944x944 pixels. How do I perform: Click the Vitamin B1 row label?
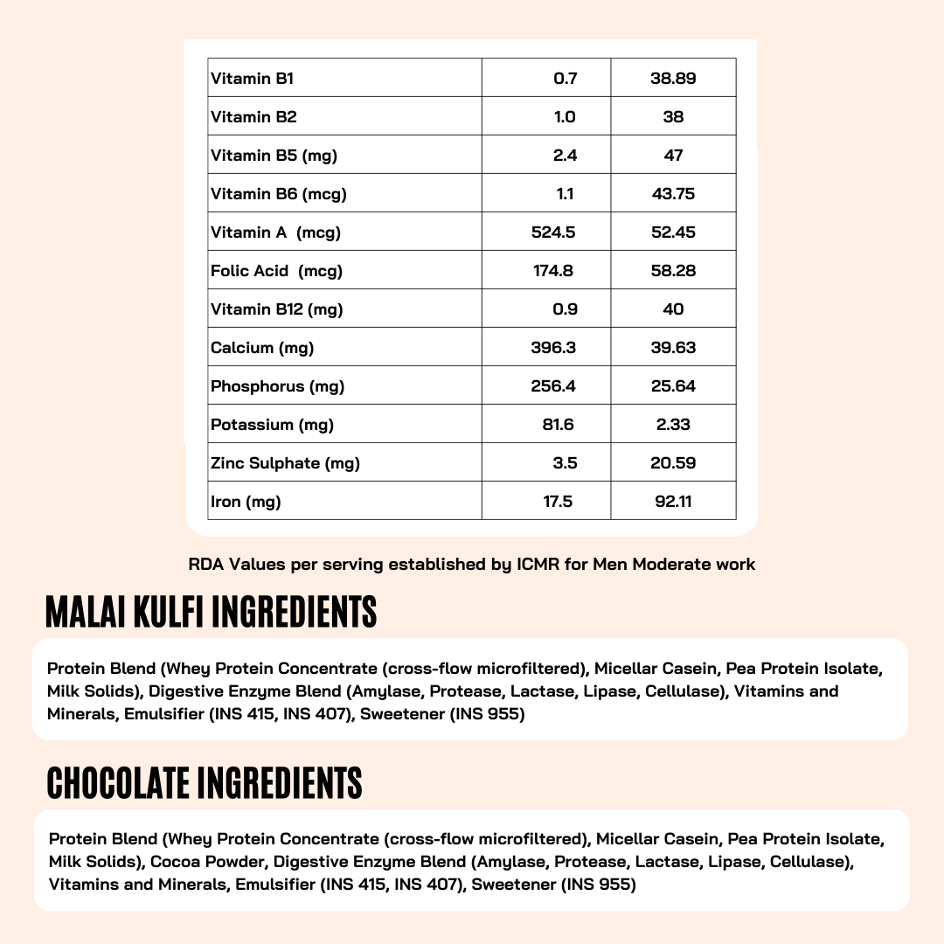[253, 79]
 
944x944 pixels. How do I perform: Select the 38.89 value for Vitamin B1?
[673, 79]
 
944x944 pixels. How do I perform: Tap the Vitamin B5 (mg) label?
[274, 156]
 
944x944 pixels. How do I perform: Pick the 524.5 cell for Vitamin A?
[553, 233]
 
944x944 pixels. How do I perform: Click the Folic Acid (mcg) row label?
[276, 271]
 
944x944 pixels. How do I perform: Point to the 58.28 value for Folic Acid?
[673, 271]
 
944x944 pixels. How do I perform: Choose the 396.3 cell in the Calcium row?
[553, 348]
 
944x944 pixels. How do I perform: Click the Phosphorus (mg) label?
[277, 386]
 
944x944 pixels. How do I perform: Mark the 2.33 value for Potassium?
[673, 425]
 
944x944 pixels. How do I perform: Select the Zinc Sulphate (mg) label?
[285, 463]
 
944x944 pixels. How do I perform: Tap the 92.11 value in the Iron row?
[673, 502]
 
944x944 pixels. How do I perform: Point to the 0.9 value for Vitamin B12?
[566, 309]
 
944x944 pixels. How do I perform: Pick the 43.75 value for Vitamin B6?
[673, 194]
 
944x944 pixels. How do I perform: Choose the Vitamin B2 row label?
[253, 117]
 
